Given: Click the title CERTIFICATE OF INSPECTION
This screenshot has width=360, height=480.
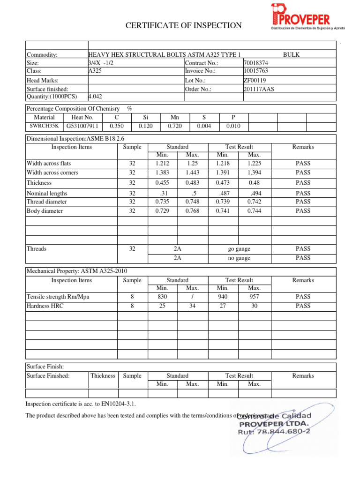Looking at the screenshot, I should pyautogui.click(x=184, y=25).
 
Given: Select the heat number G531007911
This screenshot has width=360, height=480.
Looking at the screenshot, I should pyautogui.click(x=82, y=126).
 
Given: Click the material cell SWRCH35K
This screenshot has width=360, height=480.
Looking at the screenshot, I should pyautogui.click(x=45, y=126).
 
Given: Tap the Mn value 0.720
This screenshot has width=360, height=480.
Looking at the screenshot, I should pyautogui.click(x=175, y=126).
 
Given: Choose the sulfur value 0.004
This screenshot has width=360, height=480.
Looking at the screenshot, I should pyautogui.click(x=204, y=126).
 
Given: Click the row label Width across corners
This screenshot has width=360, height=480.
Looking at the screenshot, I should pyautogui.click(x=52, y=172).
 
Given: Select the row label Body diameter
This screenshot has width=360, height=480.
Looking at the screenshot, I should pyautogui.click(x=45, y=211).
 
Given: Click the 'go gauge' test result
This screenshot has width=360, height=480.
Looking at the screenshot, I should pyautogui.click(x=239, y=249).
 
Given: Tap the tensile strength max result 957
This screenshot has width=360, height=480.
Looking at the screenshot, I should pyautogui.click(x=254, y=297).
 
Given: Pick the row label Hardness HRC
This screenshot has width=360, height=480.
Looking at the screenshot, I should pyautogui.click(x=45, y=306).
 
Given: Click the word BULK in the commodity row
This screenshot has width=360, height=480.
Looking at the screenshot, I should pyautogui.click(x=292, y=55).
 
